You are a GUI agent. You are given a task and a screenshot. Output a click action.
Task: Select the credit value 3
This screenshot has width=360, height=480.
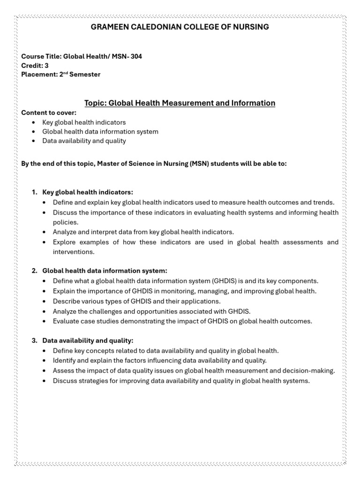click(x=46, y=66)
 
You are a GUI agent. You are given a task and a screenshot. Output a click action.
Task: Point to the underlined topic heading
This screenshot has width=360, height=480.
click(x=180, y=103)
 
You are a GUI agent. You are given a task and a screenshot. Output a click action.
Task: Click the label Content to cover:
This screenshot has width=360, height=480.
click(x=48, y=113)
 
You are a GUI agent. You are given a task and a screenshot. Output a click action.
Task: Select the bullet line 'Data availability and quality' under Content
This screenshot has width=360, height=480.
click(x=84, y=141)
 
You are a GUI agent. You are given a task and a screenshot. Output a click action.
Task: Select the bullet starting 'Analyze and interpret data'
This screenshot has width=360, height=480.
click(x=143, y=232)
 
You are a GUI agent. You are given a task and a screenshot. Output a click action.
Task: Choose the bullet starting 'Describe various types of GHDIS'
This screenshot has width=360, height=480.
click(x=136, y=301)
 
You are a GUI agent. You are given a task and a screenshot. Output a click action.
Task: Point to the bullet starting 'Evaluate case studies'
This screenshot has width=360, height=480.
click(x=182, y=321)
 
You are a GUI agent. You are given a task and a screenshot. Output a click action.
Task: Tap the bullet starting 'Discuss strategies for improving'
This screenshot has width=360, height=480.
click(x=181, y=381)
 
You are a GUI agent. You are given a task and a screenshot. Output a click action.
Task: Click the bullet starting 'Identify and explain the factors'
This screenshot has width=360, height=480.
click(x=159, y=360)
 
